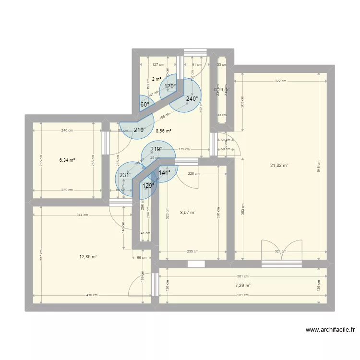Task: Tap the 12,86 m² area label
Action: [88, 257]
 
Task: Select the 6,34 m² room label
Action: [67, 160]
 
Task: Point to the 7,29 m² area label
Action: [242, 286]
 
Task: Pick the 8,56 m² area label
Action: [163, 130]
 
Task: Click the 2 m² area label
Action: [156, 79]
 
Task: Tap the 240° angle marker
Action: [192, 99]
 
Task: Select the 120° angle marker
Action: [170, 86]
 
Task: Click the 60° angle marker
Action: [144, 104]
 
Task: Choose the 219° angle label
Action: [156, 149]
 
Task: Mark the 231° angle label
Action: [125, 175]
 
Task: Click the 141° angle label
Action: [164, 173]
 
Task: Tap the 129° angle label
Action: [149, 185]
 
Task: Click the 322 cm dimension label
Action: [281, 81]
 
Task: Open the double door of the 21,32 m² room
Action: [282, 251]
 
